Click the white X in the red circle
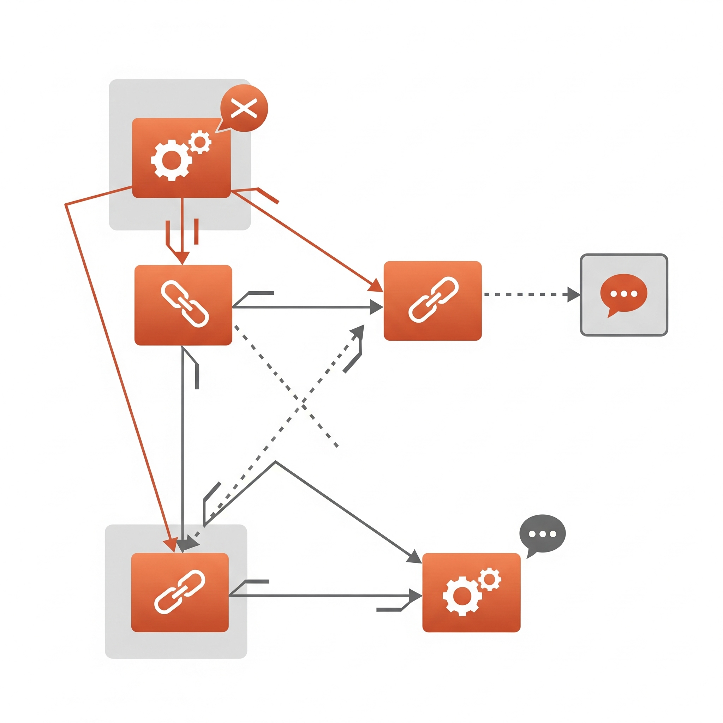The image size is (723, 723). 244,108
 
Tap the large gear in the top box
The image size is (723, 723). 171,160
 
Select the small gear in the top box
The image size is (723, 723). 200,142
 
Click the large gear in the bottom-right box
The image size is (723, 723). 462,596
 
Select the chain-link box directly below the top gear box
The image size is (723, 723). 183,305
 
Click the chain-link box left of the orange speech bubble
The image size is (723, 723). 432,301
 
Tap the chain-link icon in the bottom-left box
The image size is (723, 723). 180,592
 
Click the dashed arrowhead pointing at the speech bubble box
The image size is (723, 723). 573,294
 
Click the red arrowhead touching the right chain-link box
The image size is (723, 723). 376,286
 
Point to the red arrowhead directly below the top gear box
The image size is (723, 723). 182,258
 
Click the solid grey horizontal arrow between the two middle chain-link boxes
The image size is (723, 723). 299,307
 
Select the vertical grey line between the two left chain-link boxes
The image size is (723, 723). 182,449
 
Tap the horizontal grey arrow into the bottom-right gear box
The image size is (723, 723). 318,596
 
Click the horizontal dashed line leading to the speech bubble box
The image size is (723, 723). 524,294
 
